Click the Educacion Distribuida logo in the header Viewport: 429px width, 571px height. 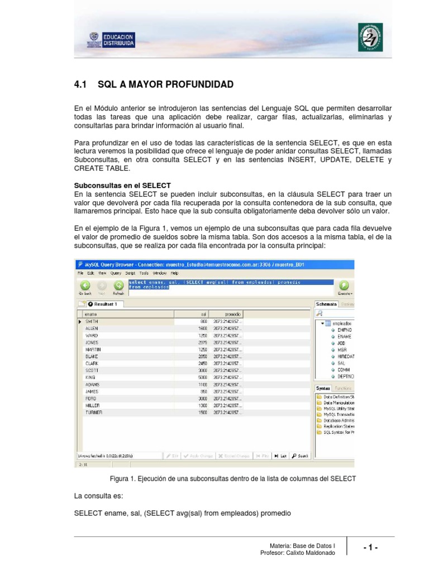(111, 40)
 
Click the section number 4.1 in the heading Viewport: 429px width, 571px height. (82, 85)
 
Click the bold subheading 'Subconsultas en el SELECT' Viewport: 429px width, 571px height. (122, 185)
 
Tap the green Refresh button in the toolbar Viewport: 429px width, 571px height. (118, 286)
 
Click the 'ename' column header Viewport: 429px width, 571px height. (91, 314)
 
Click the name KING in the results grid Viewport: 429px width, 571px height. (90, 377)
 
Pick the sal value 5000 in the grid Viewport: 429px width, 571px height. (202, 377)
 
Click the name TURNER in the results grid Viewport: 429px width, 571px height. (93, 412)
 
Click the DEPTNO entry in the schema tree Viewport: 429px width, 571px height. (345, 376)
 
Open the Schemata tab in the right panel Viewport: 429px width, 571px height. (326, 304)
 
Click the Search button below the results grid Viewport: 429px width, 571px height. (300, 456)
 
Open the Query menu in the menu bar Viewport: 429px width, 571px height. (116, 273)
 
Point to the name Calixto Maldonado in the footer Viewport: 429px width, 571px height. (310, 553)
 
